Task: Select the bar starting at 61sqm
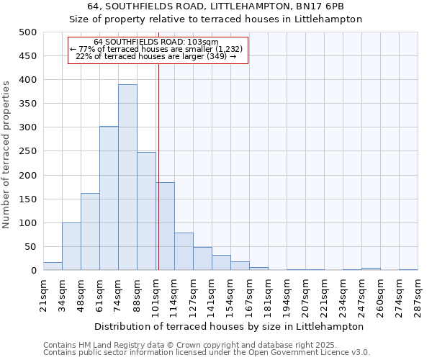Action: [109, 199]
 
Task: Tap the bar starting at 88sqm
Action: [146, 212]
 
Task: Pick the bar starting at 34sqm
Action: [71, 246]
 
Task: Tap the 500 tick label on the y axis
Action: [28, 32]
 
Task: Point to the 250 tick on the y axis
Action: [28, 151]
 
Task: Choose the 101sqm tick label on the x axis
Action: [156, 294]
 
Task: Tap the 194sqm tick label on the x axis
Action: [287, 294]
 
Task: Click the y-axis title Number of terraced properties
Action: [6, 154]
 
